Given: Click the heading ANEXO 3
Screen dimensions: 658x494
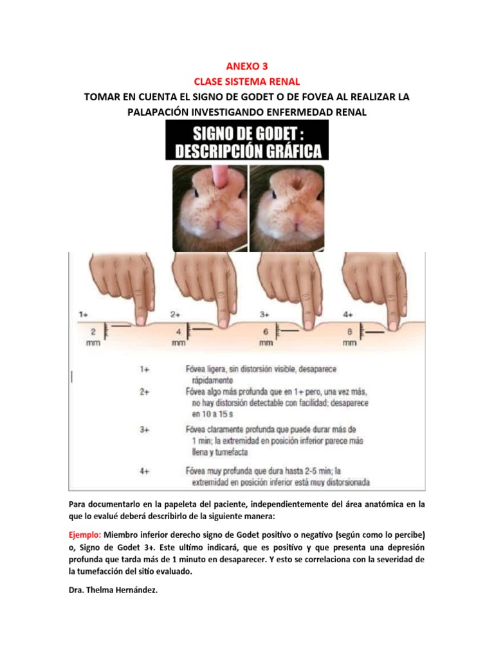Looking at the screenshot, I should (x=246, y=66).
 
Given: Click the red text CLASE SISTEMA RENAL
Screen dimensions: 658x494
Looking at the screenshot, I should (x=246, y=81).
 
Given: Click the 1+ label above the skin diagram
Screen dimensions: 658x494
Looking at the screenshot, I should (x=84, y=314).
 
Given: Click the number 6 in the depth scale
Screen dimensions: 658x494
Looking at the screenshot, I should (x=266, y=332).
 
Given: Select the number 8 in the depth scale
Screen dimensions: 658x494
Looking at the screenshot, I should (x=349, y=332).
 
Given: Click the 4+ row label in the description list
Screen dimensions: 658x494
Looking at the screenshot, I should (x=146, y=470).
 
